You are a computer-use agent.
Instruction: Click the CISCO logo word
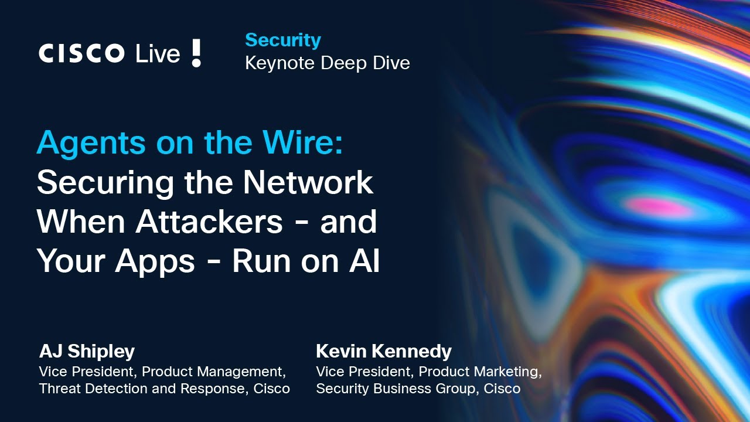[x=81, y=54]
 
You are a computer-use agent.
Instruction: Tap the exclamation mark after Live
[x=196, y=53]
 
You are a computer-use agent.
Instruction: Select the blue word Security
[x=283, y=40]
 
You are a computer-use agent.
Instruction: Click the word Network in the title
[x=308, y=183]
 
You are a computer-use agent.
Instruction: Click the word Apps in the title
[x=155, y=261]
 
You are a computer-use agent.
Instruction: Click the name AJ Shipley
[x=87, y=351]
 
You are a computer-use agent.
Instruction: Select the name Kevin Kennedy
[x=384, y=351]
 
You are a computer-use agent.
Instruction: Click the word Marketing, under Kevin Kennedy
[x=507, y=372]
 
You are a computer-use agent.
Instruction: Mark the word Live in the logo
[x=158, y=54]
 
